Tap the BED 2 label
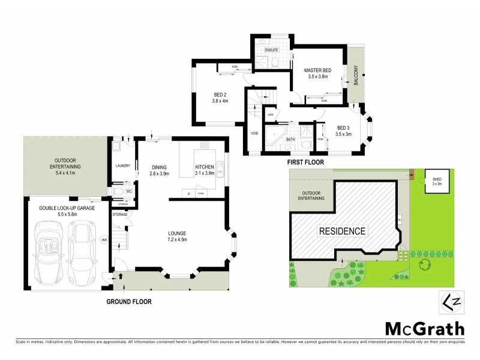[220, 94]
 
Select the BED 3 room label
[343, 127]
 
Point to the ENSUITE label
[263, 49]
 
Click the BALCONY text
[356, 77]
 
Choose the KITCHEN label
[205, 167]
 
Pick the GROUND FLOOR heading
[129, 301]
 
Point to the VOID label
[254, 133]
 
